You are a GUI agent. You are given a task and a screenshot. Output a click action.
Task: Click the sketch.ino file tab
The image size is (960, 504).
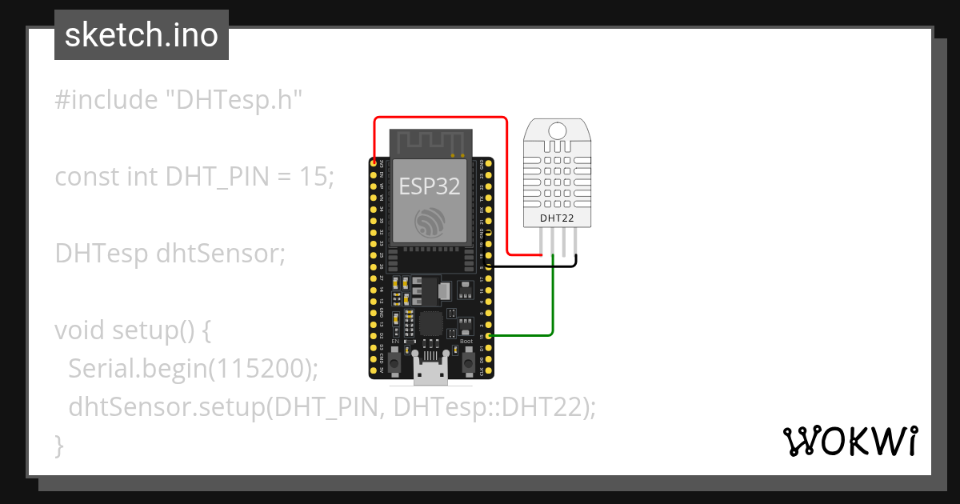tap(142, 35)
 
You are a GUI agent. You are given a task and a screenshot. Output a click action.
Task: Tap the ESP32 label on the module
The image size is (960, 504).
tap(430, 187)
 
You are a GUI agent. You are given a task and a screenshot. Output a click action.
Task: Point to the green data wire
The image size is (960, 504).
tap(553, 304)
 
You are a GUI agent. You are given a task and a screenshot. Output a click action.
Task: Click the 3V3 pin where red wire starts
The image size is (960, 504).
tap(374, 162)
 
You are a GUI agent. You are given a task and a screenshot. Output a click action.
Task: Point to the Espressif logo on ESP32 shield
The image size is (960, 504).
tap(430, 222)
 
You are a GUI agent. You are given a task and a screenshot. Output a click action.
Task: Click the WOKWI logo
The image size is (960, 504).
tap(850, 441)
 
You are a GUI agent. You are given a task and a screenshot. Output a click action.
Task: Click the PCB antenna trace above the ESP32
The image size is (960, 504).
tap(430, 142)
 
